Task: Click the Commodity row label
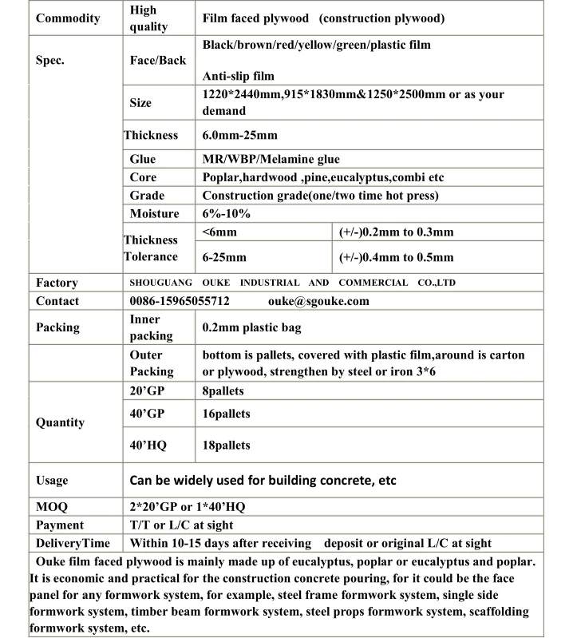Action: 68,18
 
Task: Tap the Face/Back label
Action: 158,61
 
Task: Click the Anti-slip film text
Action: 239,77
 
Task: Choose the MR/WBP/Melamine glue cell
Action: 271,160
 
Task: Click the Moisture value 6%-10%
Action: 227,214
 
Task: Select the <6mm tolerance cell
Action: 219,232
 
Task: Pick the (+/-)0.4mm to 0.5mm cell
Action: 396,257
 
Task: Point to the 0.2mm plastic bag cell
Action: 251,327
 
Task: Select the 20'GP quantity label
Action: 146,391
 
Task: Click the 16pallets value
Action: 226,414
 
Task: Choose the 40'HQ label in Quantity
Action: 148,446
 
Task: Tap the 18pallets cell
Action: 226,446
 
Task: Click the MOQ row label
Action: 52,507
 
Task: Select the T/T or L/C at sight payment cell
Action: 182,525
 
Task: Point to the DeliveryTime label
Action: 73,544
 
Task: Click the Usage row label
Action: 52,481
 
